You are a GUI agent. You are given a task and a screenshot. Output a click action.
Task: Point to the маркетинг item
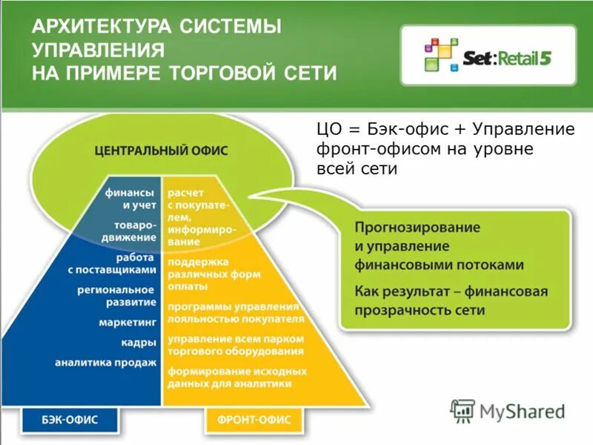[127, 323]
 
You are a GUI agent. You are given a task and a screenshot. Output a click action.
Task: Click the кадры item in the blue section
[139, 343]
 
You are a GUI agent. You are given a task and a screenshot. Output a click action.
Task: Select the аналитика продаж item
[106, 363]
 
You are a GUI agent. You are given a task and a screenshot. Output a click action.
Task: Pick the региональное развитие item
[116, 295]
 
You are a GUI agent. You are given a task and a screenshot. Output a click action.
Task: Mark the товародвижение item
[134, 231]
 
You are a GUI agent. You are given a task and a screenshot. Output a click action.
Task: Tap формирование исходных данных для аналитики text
[236, 378]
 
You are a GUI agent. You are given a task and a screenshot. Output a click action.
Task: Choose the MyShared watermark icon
[463, 411]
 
